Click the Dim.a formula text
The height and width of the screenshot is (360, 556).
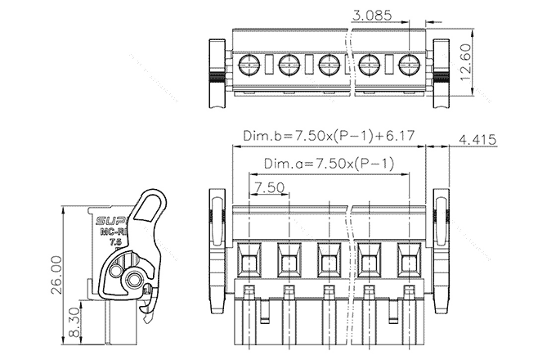[330, 164]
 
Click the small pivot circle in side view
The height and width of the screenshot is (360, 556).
[133, 281]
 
